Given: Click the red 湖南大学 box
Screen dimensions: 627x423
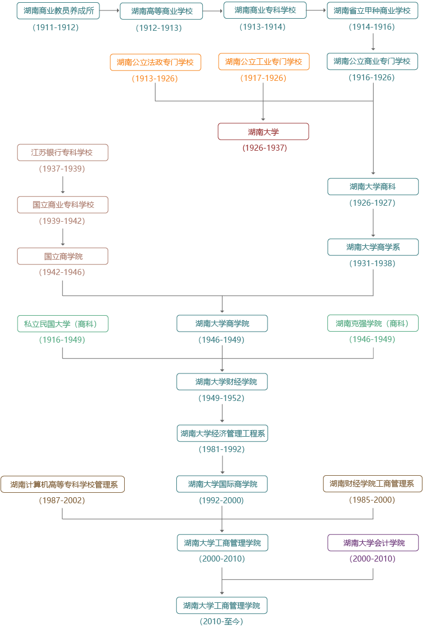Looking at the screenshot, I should point(263,131).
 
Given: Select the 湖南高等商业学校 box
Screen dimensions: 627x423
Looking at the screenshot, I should point(161,11).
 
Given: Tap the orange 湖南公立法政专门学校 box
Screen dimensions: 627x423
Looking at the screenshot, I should point(155,62).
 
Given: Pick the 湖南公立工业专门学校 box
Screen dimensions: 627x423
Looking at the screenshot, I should point(264,62).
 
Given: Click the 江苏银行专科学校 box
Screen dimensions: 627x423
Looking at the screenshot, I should point(63,152).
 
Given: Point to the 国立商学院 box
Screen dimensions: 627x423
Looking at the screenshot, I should point(63,256).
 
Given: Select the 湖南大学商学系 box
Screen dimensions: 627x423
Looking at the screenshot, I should point(373,247).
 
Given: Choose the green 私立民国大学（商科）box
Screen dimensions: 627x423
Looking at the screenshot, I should point(63,324).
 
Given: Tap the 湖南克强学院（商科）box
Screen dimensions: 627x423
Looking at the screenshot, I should point(373,323).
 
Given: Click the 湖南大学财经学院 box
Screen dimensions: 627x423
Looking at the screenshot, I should point(222,382).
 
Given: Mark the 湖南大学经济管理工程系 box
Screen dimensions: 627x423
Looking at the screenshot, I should point(222,433).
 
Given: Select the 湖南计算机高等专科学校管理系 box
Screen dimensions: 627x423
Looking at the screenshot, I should point(63,485).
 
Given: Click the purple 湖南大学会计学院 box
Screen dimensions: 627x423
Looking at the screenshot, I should point(373,543).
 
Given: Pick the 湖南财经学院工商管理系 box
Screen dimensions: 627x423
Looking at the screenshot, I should point(373,484).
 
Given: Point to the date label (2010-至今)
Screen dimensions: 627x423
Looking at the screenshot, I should point(221,621).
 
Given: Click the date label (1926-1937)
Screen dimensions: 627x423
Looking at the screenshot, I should point(264,148).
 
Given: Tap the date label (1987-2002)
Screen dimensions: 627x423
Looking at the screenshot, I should point(62,501).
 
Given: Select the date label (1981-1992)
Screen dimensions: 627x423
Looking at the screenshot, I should point(222,449).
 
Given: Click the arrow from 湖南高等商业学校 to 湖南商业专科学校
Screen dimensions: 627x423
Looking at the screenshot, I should point(213,10).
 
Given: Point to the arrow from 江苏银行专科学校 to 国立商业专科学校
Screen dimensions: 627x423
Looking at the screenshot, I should point(63,185).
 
